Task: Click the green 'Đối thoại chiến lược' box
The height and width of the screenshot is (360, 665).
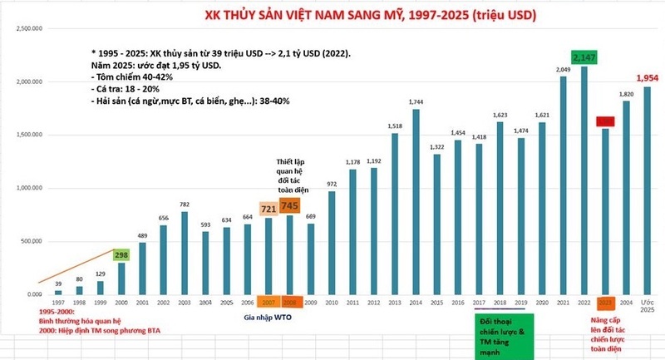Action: (503, 335)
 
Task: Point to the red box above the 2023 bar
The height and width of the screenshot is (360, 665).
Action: (606, 121)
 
